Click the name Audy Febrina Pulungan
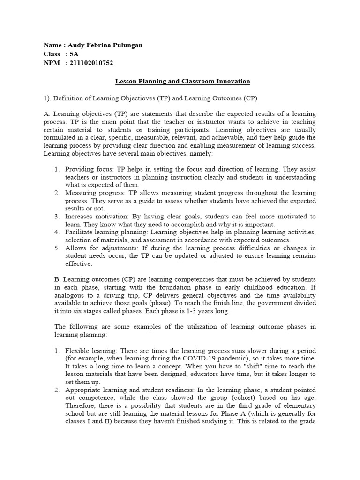[x=105, y=45]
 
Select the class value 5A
[x=74, y=54]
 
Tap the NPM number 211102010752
[x=91, y=63]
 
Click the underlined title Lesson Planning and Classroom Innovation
[x=183, y=81]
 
